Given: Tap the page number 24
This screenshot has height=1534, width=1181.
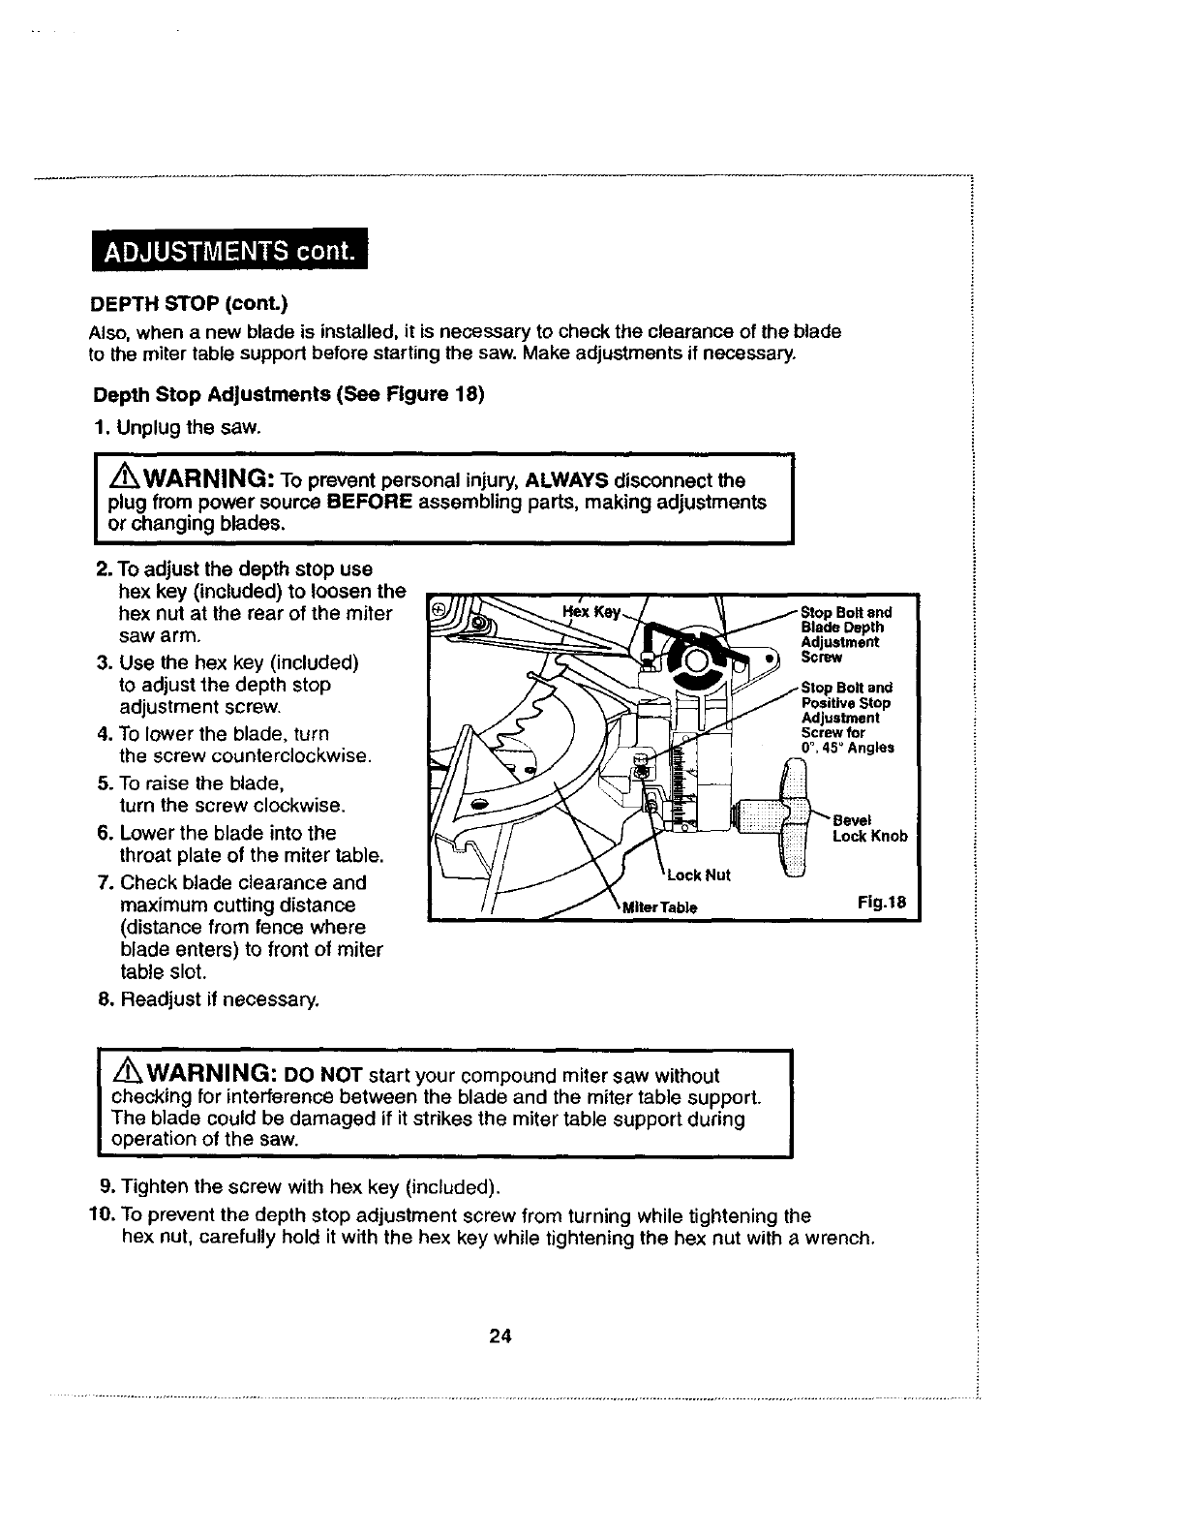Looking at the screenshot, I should pos(500,1337).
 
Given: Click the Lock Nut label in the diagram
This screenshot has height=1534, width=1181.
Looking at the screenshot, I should pos(698,875).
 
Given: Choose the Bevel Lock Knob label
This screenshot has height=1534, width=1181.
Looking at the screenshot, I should pos(869,829).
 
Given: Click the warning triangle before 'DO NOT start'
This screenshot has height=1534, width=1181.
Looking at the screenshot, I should pos(128,1076).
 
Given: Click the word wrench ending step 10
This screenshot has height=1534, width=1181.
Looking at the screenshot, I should pos(845,1239).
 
